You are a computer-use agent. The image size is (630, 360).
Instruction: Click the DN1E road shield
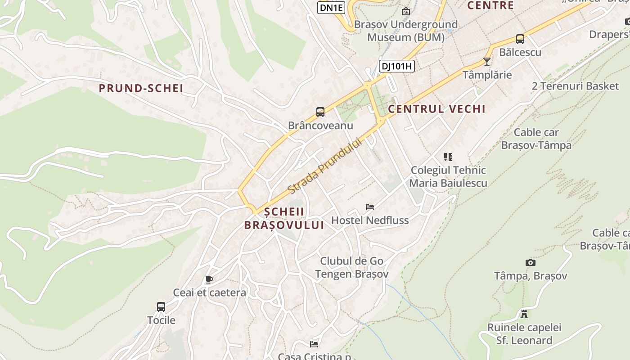331,8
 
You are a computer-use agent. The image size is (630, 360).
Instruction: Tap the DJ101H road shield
396,66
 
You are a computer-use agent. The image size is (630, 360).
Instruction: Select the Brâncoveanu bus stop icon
320,112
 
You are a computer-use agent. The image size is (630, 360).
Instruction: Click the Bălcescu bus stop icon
520,39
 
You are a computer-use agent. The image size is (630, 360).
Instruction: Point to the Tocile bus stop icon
161,307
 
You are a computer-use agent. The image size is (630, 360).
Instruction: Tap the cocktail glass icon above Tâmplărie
486,62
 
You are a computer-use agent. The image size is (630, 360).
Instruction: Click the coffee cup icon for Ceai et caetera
209,279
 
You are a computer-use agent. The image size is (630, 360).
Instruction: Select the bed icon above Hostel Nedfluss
370,207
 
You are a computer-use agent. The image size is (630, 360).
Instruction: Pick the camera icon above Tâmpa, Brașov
531,262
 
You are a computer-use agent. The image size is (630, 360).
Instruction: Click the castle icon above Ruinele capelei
524,314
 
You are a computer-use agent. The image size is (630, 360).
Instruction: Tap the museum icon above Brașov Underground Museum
406,11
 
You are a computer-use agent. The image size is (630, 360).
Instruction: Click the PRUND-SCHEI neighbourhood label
141,88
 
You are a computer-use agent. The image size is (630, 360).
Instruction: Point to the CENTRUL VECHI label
436,109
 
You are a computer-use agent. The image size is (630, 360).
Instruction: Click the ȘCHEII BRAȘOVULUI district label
284,218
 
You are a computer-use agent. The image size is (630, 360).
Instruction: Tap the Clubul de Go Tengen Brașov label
351,267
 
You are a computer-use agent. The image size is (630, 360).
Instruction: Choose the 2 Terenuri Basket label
575,86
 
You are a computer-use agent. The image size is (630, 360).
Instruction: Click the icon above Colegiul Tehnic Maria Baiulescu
448,157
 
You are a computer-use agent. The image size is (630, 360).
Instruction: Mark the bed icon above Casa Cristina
314,344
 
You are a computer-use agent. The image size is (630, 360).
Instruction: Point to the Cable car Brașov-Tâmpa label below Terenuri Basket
536,139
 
